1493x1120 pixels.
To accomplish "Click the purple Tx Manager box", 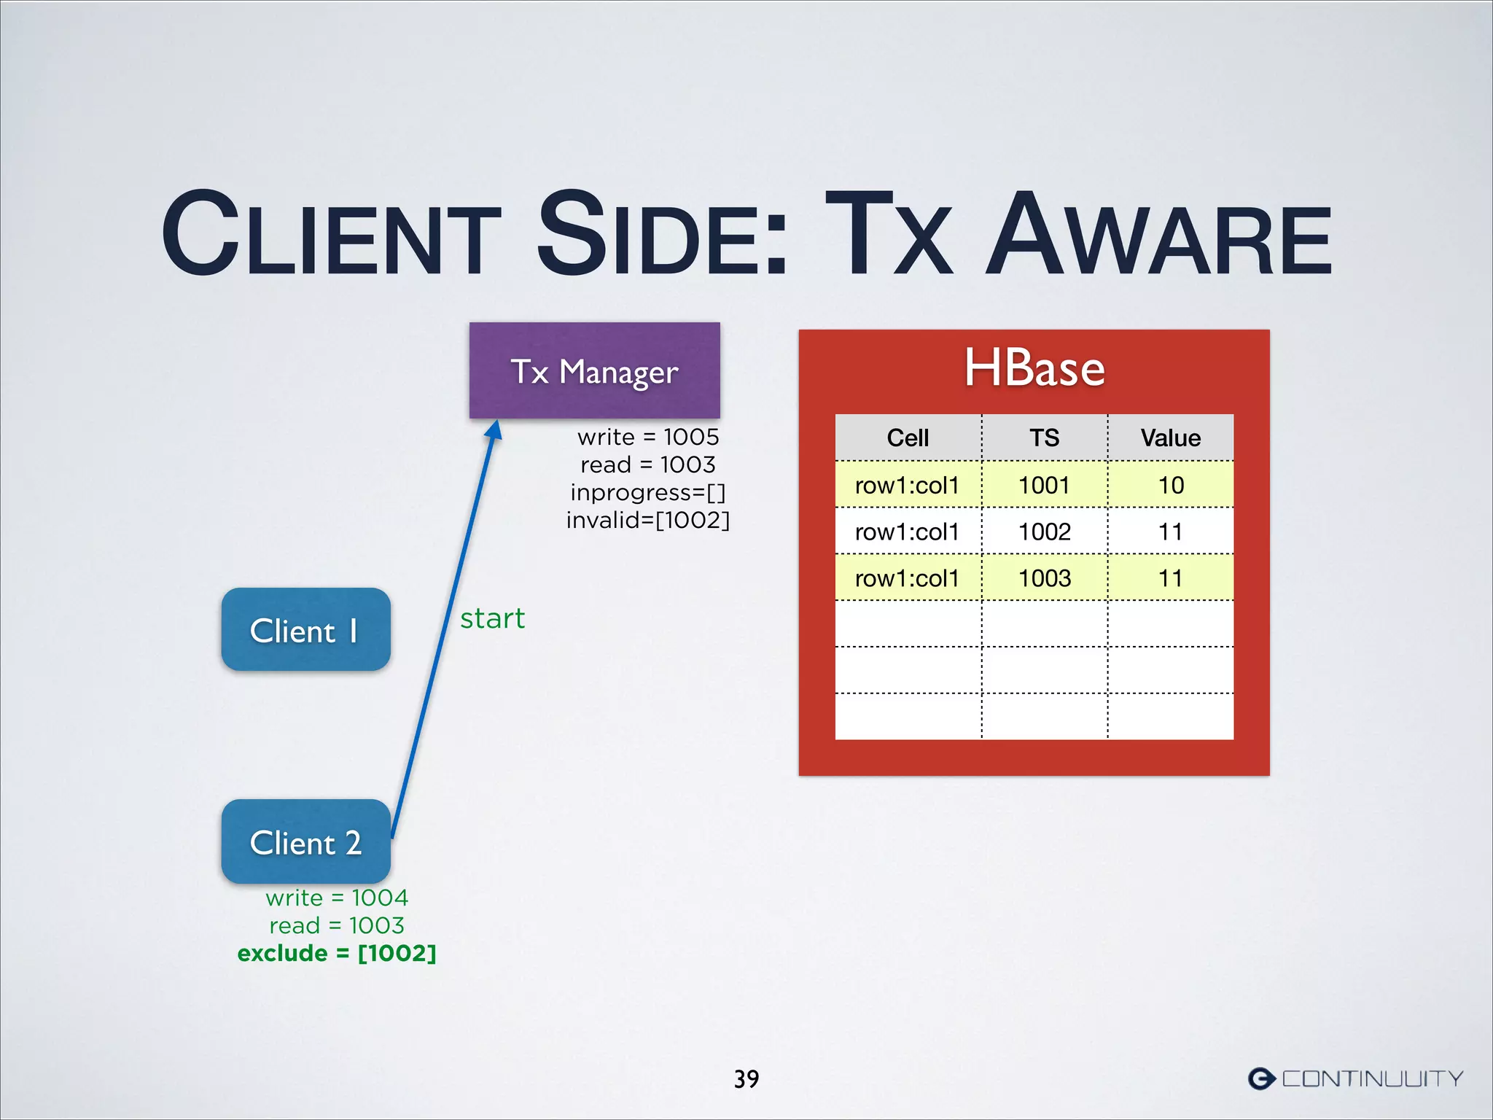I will click(x=594, y=370).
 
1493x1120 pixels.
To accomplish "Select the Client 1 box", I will click(x=305, y=630).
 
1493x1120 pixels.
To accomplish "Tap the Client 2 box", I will click(x=305, y=841).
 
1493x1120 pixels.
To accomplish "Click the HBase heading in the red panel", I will click(x=1034, y=368).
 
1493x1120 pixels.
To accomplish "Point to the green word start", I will click(x=492, y=618).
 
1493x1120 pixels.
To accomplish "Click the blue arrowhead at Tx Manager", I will click(x=495, y=430).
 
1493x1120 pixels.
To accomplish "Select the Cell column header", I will click(x=908, y=437).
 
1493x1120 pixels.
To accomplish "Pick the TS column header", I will click(x=1044, y=437).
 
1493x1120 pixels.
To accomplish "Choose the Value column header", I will click(x=1170, y=437).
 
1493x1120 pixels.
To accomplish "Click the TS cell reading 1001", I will click(x=1044, y=485).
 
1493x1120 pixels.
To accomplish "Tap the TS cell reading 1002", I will click(x=1044, y=532).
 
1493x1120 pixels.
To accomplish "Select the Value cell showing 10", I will click(x=1171, y=485).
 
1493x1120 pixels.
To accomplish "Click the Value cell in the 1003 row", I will click(x=1171, y=578).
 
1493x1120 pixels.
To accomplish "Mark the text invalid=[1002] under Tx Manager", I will click(x=647, y=520).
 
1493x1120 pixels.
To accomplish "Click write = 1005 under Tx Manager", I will click(x=647, y=437).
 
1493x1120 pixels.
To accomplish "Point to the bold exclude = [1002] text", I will click(x=337, y=953).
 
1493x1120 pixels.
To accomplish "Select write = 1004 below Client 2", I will click(x=337, y=898).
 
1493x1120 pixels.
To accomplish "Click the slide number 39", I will click(x=746, y=1078).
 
